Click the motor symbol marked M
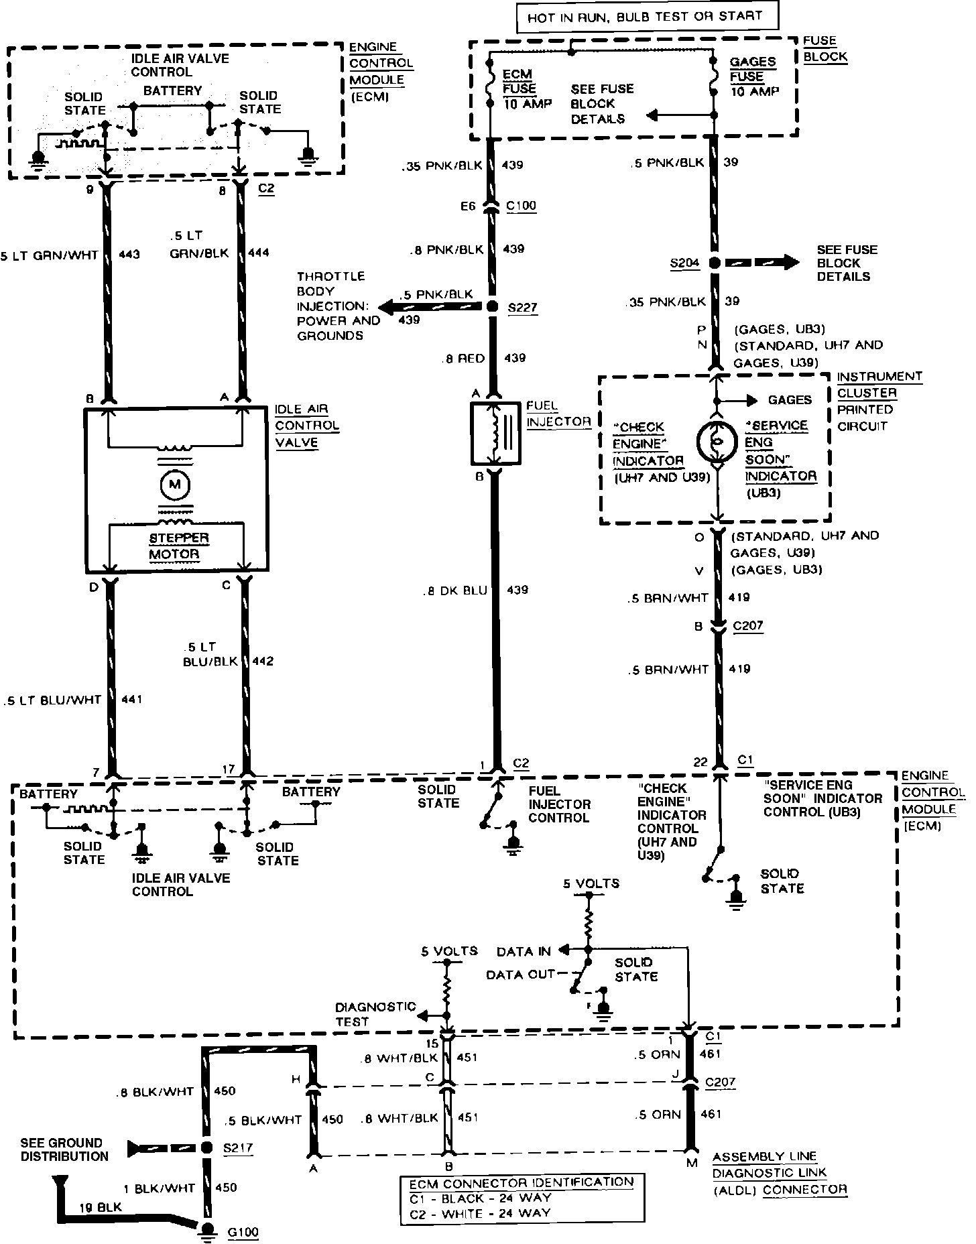(x=174, y=485)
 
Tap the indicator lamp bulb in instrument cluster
(x=717, y=441)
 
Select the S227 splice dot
(x=493, y=307)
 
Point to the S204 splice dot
(x=715, y=263)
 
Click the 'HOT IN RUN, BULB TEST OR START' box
(x=647, y=17)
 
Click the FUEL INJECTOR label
(x=558, y=414)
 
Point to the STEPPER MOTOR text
(x=174, y=546)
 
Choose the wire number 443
(x=129, y=255)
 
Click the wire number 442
(x=263, y=661)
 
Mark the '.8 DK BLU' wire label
(x=454, y=590)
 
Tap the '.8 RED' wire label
(x=463, y=359)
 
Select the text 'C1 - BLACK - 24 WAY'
(x=480, y=1197)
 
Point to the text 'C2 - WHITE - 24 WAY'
(x=480, y=1212)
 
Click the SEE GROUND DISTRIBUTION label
(x=64, y=1149)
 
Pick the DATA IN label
(x=524, y=951)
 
